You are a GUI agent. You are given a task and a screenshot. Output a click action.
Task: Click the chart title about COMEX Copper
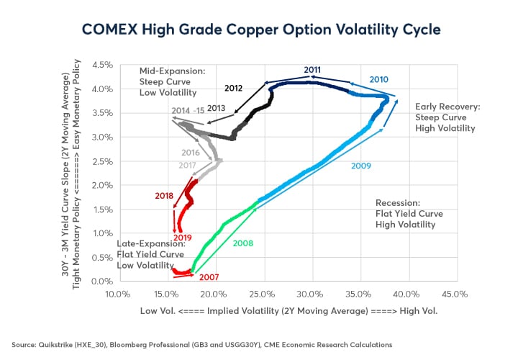point(259,30)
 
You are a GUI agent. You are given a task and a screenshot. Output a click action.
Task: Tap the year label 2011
point(312,70)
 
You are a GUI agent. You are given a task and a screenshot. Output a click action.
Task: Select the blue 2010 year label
point(378,78)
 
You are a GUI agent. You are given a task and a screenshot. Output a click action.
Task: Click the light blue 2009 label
point(362,166)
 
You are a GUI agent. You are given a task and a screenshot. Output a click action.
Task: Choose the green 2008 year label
point(243,243)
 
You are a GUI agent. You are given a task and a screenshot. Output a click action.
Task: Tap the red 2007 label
point(209,276)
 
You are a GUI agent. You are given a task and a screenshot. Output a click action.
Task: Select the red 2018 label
point(165,195)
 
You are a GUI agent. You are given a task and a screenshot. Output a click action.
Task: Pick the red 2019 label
point(182,238)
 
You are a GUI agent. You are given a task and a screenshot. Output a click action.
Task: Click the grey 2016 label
point(190,153)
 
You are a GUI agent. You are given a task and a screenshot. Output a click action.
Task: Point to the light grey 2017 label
point(187,166)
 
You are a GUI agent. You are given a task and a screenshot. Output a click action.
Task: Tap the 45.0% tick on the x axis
point(455,294)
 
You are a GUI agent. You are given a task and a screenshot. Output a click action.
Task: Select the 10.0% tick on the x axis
point(117,294)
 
